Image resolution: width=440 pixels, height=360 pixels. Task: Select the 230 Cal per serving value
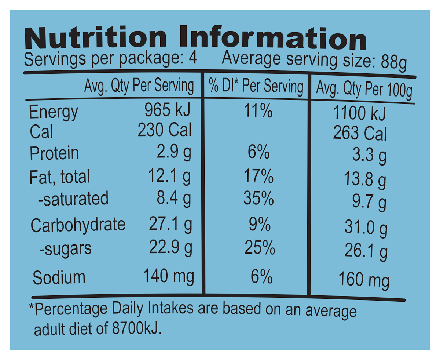(x=165, y=130)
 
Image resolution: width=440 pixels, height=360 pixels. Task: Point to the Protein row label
(x=54, y=153)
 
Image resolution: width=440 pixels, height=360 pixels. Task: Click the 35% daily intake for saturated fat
(x=259, y=199)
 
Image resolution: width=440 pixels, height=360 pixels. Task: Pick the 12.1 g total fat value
(x=169, y=177)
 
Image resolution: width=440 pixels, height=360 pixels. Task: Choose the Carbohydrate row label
(x=78, y=225)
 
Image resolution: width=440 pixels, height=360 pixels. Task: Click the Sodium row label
(x=59, y=277)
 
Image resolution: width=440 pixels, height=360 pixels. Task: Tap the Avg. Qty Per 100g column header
(x=364, y=90)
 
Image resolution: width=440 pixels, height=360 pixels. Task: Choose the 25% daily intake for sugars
(x=260, y=248)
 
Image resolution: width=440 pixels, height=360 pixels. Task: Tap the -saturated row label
(x=73, y=199)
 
